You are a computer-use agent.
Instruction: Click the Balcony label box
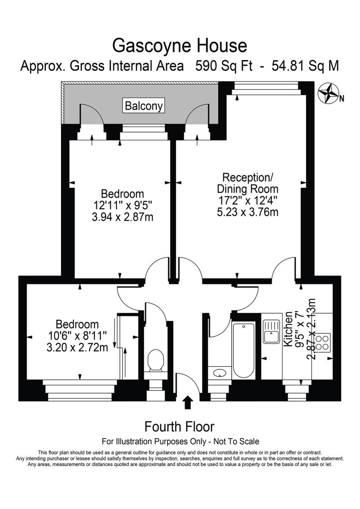click(144, 106)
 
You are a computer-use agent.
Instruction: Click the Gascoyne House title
click(179, 45)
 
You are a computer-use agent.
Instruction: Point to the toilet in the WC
click(155, 361)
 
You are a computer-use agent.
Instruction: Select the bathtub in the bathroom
click(244, 350)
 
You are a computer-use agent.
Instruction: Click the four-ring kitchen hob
click(323, 342)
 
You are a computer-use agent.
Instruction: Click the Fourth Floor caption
click(179, 426)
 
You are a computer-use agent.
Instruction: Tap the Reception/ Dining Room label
click(248, 183)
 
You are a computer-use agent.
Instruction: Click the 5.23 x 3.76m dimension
click(248, 212)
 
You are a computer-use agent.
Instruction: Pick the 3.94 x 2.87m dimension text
click(123, 217)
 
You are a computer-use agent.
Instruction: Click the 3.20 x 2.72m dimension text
click(77, 347)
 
